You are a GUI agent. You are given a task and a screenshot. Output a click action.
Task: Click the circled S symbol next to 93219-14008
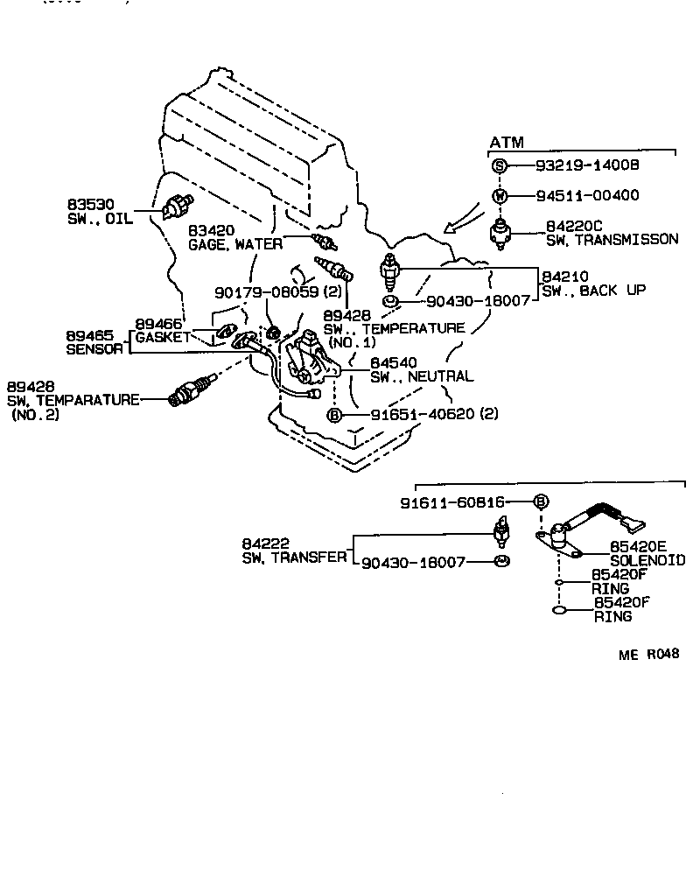498,165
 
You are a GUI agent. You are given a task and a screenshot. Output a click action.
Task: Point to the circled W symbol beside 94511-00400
498,196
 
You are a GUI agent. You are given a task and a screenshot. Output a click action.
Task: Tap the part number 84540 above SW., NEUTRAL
393,362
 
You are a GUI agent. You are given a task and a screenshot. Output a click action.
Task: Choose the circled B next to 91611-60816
541,502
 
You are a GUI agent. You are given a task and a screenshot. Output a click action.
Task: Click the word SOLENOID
647,560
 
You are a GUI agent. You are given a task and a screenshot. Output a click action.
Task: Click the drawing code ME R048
649,655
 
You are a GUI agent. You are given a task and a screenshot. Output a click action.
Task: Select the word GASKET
162,338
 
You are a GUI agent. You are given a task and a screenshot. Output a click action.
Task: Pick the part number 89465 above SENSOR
88,335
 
